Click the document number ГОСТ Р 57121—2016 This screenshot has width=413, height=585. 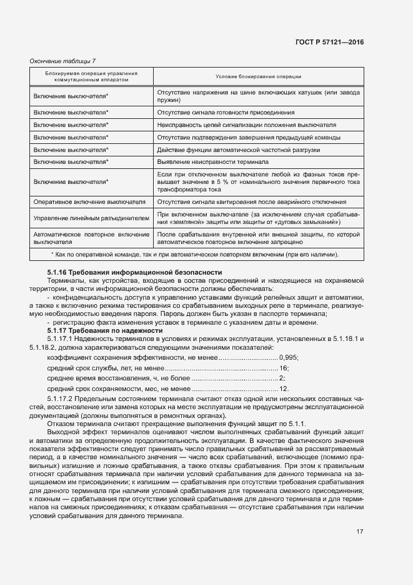tap(330, 42)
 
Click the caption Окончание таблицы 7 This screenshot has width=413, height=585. tap(63, 61)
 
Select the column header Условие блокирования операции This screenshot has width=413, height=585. tap(258, 77)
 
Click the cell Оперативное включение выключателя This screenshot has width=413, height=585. tap(89, 202)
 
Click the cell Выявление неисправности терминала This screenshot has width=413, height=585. tap(213, 161)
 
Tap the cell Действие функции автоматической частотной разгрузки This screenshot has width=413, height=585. tap(239, 150)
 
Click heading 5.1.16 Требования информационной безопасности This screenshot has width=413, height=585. tap(134, 272)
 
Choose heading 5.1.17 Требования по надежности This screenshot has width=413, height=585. tap(105, 330)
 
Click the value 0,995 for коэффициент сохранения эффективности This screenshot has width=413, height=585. tap(289, 357)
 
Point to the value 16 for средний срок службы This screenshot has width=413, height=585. tap(284, 368)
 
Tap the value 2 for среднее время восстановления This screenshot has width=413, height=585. tap(282, 379)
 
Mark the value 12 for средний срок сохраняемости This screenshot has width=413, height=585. tap(283, 389)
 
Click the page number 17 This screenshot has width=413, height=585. tap(360, 532)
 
